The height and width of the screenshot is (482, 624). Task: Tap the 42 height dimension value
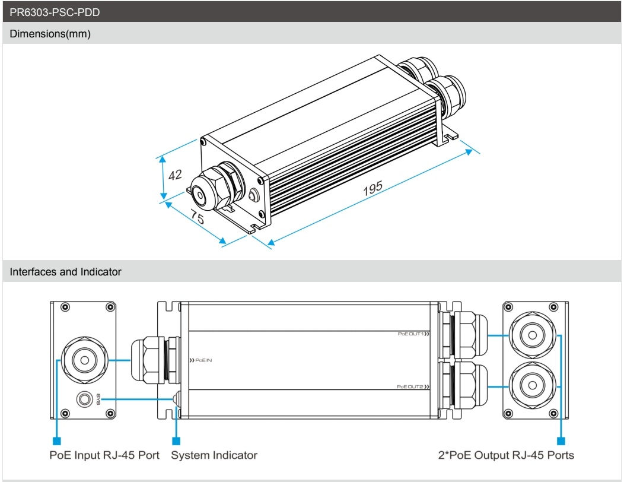coord(174,175)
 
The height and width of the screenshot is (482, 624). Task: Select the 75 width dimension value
coord(197,218)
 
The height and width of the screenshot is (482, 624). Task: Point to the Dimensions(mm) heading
coord(50,34)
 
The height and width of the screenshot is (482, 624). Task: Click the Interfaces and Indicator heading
coord(66,272)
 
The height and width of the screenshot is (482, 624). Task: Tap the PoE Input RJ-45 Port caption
coord(104,455)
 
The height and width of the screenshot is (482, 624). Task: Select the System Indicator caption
coord(214,455)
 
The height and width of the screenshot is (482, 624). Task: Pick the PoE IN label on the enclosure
coord(200,360)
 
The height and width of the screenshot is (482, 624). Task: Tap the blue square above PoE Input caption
coord(57,441)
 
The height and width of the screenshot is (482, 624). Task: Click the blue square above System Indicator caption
coord(176,441)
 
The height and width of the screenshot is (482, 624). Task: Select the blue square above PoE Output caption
coord(561,441)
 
